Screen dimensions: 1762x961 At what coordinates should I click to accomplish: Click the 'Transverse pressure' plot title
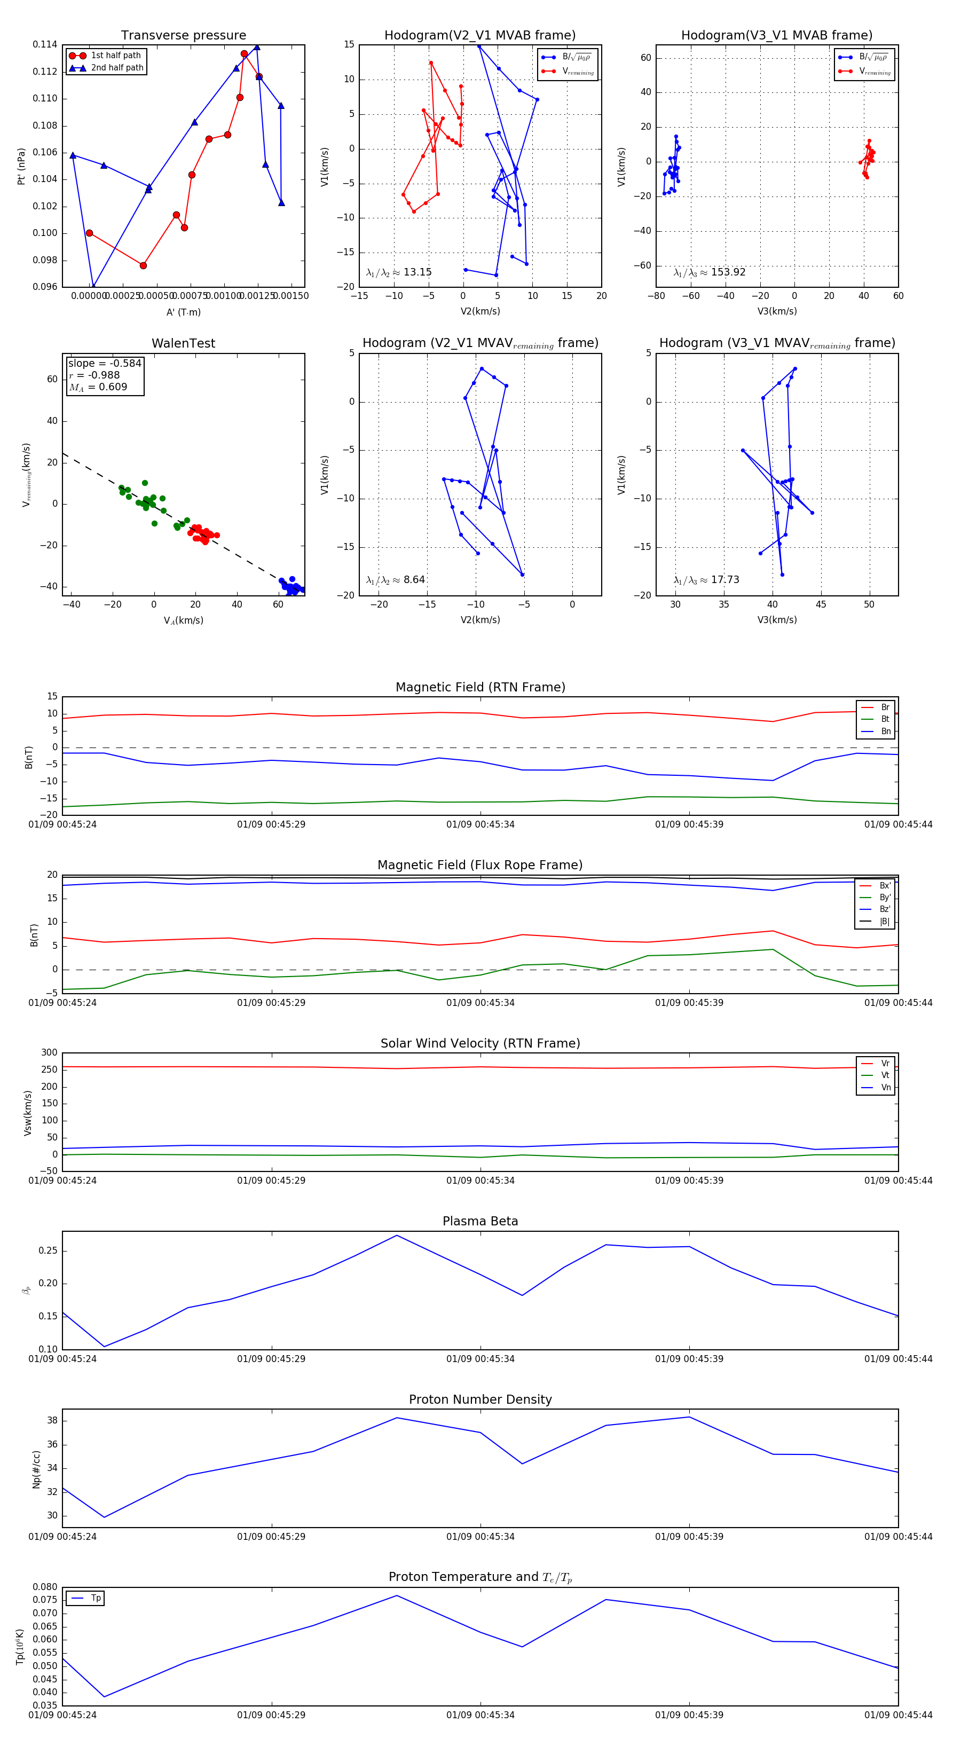[x=183, y=36]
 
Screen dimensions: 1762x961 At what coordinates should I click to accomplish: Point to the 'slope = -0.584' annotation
[x=105, y=363]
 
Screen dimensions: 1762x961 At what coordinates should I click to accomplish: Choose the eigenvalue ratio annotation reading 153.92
[x=710, y=272]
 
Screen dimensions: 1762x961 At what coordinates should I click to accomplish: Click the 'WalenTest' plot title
[x=183, y=343]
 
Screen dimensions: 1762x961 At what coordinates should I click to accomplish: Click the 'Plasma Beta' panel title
[x=480, y=1222]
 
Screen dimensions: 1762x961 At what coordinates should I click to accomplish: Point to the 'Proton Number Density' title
[x=480, y=1399]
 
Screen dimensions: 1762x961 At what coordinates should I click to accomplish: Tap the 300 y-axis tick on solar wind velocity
[x=49, y=1053]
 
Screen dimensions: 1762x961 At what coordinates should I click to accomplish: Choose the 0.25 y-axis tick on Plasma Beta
[x=48, y=1251]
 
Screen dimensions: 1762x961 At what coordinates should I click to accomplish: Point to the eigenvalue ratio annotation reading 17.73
[x=706, y=580]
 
